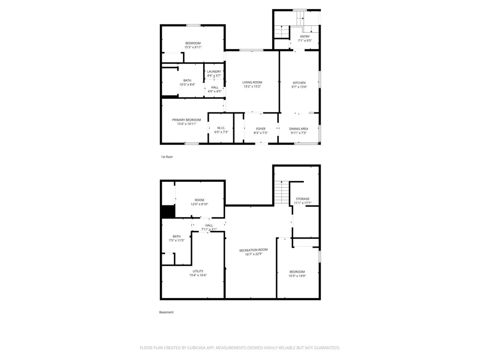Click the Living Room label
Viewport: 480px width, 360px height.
pos(252,83)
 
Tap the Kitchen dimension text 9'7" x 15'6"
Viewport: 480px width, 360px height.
pos(299,87)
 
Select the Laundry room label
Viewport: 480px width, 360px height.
pos(214,72)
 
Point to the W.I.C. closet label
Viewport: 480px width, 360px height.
pos(221,128)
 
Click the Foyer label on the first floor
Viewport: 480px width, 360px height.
pos(261,129)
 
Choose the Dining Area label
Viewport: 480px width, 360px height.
pos(299,129)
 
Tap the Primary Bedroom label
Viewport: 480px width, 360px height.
pos(186,120)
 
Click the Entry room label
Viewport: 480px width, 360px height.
pos(305,36)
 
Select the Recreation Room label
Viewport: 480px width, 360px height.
pos(253,250)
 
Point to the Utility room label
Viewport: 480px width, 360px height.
pos(198,271)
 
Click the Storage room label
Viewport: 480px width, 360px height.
pos(302,199)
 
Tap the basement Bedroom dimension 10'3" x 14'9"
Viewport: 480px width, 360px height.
pos(297,276)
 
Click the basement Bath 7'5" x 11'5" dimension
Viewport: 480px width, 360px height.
pos(177,240)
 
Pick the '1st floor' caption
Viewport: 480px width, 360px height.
pos(167,157)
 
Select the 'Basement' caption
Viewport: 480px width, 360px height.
pos(166,312)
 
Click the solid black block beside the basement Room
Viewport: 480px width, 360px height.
pos(168,212)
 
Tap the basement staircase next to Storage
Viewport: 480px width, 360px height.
pos(281,192)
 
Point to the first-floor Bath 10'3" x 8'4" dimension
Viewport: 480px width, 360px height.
pos(187,84)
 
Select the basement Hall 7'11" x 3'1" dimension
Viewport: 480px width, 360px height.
pos(209,229)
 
